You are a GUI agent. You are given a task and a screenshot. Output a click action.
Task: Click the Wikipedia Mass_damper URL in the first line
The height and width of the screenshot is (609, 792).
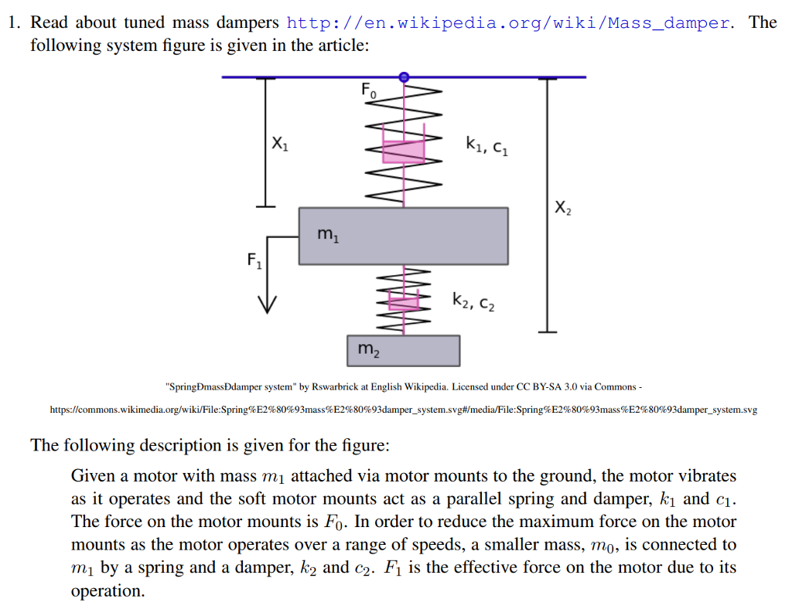tap(507, 22)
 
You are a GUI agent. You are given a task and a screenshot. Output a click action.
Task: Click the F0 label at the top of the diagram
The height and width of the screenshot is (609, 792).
tap(369, 90)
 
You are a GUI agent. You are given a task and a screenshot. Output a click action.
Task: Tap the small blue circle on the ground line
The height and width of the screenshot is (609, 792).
tap(404, 77)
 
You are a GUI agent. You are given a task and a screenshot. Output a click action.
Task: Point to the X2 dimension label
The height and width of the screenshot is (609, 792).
tap(563, 207)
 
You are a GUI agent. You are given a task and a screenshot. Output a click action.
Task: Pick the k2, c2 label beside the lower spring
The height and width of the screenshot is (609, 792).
tap(473, 301)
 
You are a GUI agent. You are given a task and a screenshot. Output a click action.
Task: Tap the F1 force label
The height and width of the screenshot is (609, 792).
tap(254, 260)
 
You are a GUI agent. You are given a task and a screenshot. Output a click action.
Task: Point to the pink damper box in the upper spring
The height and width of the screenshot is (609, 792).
tap(403, 151)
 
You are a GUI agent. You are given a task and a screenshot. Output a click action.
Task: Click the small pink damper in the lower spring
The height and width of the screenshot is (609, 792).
tap(403, 301)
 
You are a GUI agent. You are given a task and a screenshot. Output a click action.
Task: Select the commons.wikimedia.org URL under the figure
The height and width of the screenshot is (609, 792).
tap(403, 410)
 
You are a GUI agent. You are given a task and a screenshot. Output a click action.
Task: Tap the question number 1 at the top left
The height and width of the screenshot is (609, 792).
tap(13, 22)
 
